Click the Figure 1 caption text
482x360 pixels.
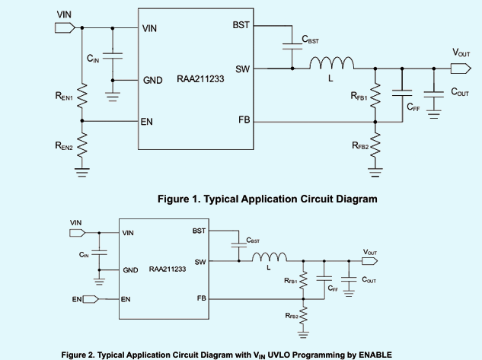(x=267, y=199)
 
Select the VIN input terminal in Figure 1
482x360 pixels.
(x=65, y=27)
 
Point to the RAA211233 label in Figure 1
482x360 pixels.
(x=201, y=79)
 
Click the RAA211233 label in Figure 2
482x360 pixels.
(x=168, y=269)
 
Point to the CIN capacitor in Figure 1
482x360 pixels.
(x=112, y=56)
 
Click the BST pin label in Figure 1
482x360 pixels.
(x=241, y=26)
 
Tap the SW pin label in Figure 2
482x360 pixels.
(x=200, y=262)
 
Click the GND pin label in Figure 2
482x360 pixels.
(x=129, y=270)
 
